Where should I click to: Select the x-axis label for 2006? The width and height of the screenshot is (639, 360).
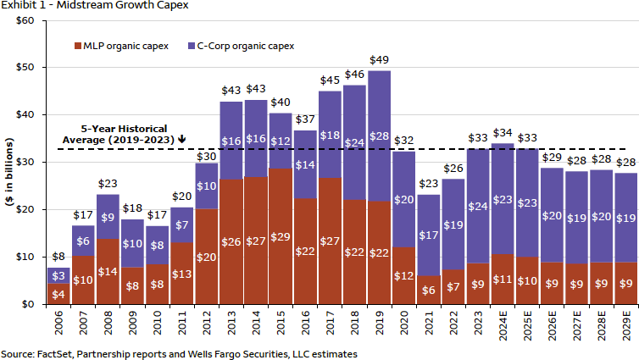click(58, 324)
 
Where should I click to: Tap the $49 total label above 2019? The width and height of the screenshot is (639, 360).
click(379, 60)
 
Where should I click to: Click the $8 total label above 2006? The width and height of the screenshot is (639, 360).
click(58, 257)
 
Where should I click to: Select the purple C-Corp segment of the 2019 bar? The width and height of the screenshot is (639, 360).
click(379, 136)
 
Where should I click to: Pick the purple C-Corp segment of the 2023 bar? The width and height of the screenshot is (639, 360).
click(477, 206)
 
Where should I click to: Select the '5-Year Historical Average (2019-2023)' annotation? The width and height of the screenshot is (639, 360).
click(119, 133)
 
